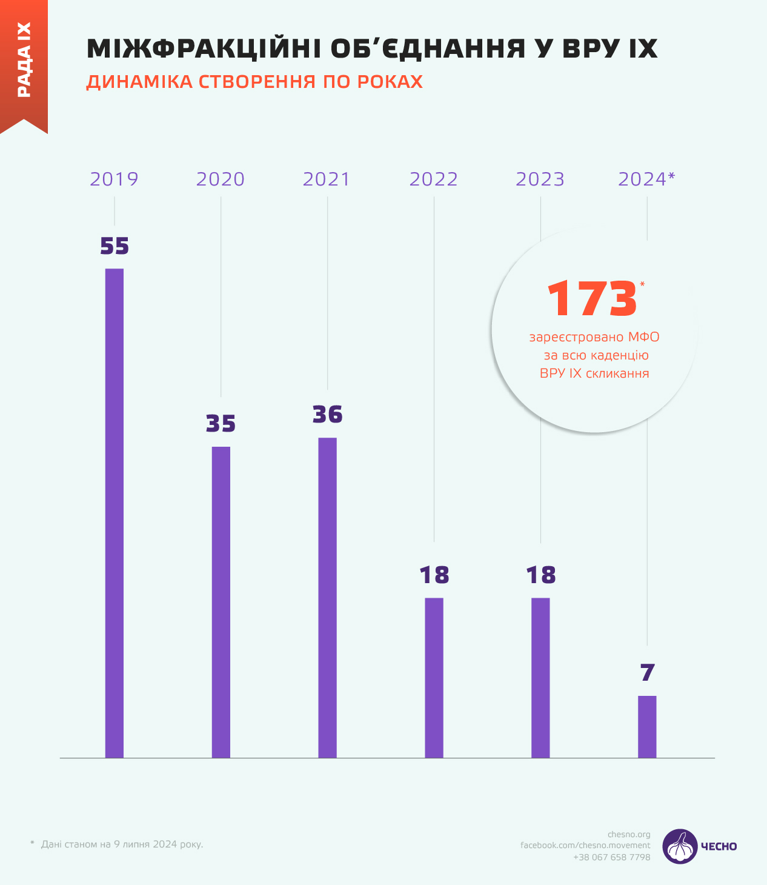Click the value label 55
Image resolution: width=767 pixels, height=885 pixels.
(115, 246)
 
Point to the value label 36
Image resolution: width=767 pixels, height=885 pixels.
(328, 415)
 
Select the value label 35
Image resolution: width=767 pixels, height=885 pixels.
(221, 424)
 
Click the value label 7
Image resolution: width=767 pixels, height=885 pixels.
(647, 673)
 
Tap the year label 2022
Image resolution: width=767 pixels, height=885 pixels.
(434, 179)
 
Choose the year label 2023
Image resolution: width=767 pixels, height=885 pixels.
(540, 179)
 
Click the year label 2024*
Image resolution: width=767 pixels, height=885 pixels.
(646, 179)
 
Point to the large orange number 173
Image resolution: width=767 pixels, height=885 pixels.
(592, 299)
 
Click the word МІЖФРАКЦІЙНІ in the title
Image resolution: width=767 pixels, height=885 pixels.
(204, 48)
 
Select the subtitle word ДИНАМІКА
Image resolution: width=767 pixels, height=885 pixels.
(139, 82)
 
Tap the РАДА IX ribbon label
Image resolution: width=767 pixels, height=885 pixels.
(24, 60)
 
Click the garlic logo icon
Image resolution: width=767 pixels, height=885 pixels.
(680, 846)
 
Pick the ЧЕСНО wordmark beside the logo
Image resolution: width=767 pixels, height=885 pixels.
(719, 847)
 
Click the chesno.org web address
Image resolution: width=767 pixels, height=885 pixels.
(629, 835)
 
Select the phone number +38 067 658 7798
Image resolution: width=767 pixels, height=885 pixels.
(612, 857)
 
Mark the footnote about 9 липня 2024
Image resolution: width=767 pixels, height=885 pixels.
(122, 844)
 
